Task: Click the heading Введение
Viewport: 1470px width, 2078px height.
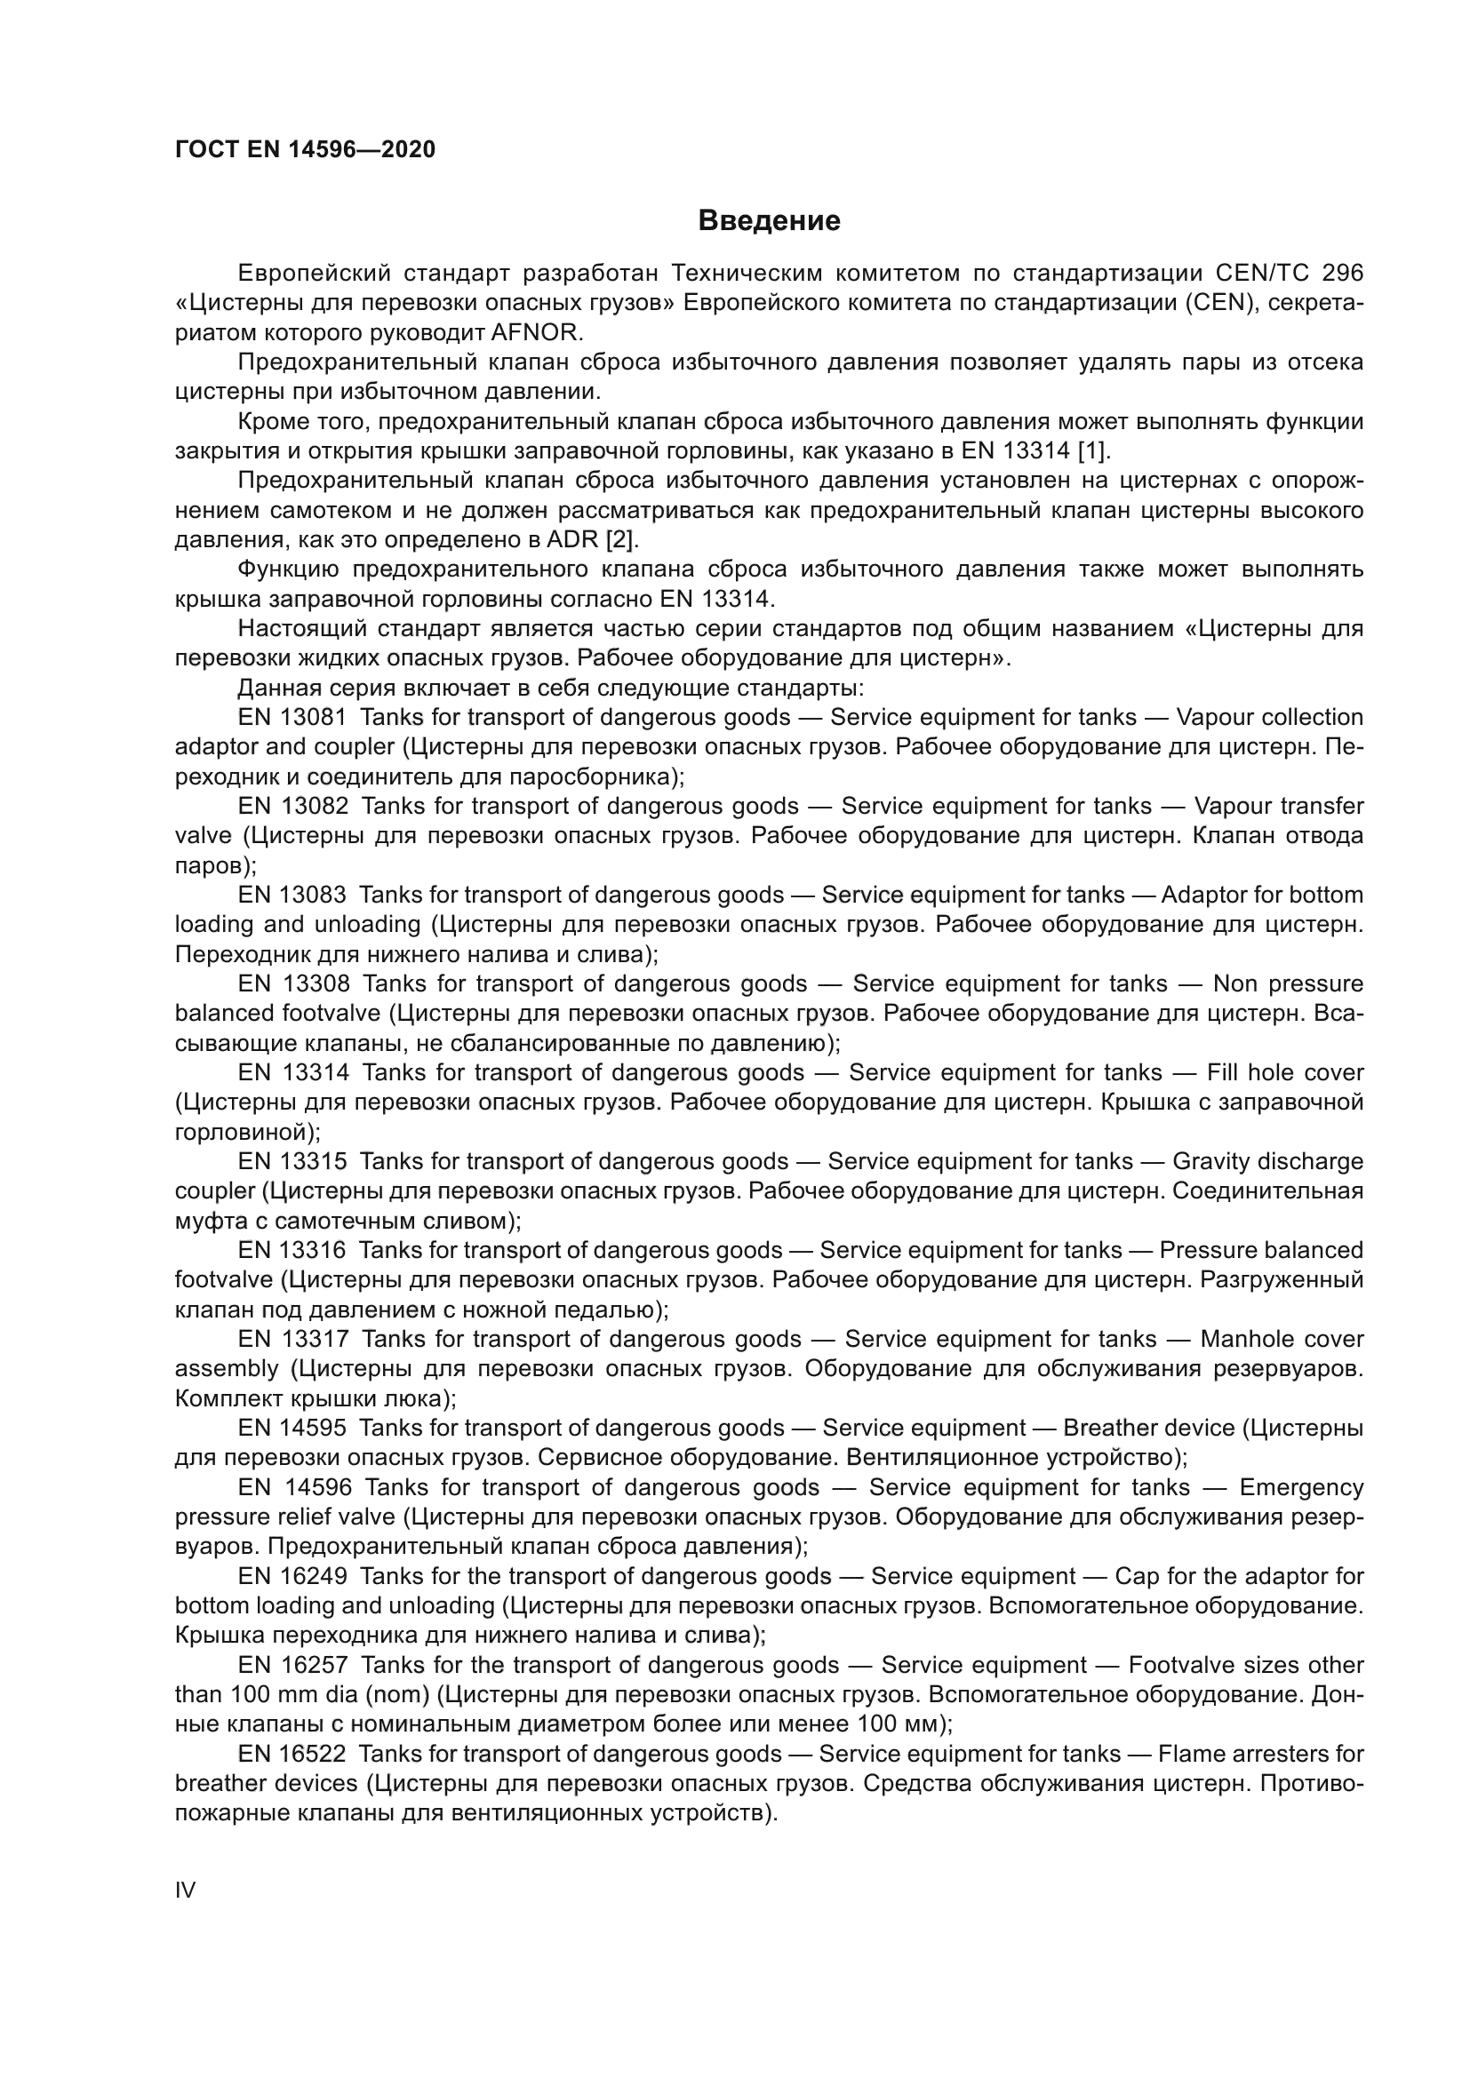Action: [x=769, y=220]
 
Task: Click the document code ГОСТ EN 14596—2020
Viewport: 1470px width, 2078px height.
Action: [x=305, y=149]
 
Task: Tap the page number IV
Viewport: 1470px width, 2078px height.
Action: [x=185, y=1890]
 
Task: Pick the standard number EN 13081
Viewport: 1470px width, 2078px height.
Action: [x=292, y=717]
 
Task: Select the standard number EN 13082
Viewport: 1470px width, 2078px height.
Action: [x=292, y=806]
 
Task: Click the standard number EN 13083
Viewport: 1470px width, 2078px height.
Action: [x=292, y=895]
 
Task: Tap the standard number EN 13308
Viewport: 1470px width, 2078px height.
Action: [x=293, y=983]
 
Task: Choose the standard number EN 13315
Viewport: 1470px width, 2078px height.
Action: [x=292, y=1160]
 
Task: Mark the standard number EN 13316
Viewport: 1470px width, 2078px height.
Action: [x=292, y=1250]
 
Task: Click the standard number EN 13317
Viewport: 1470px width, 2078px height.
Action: [x=292, y=1339]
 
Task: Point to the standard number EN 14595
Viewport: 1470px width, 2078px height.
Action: [x=292, y=1428]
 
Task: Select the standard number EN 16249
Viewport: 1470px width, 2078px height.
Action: [x=292, y=1576]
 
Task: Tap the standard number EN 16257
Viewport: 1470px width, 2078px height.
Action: [x=292, y=1664]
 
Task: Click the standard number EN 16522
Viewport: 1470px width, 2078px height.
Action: [x=292, y=1753]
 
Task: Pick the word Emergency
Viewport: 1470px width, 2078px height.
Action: [x=1301, y=1487]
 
